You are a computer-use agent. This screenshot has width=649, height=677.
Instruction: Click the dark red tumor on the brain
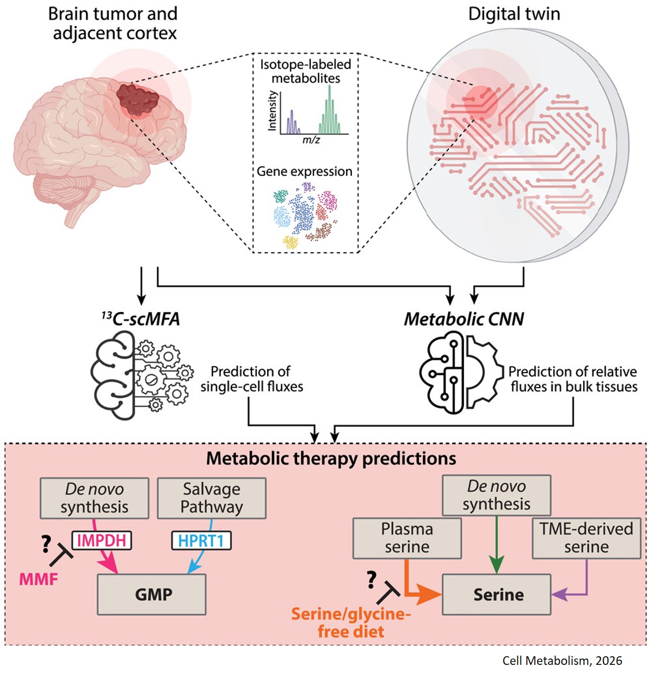coord(138,100)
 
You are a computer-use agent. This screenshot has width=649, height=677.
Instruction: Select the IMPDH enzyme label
coord(102,540)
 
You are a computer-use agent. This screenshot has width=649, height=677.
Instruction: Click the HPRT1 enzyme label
coord(201,540)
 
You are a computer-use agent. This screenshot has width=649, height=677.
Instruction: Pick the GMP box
coord(152,595)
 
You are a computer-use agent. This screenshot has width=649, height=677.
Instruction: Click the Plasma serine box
coord(407,538)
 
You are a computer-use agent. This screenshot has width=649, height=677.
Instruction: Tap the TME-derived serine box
coord(586,538)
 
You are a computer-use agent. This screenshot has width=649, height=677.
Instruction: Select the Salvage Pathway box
coord(211,498)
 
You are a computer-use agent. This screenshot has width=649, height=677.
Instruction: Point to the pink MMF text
coord(39,578)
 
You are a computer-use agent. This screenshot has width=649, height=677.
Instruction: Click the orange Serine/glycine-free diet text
coord(351,623)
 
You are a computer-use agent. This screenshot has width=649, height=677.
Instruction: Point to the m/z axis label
coord(311,140)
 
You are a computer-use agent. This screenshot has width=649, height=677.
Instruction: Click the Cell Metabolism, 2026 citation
coord(562,661)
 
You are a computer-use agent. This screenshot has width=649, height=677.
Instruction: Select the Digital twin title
coord(513,14)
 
